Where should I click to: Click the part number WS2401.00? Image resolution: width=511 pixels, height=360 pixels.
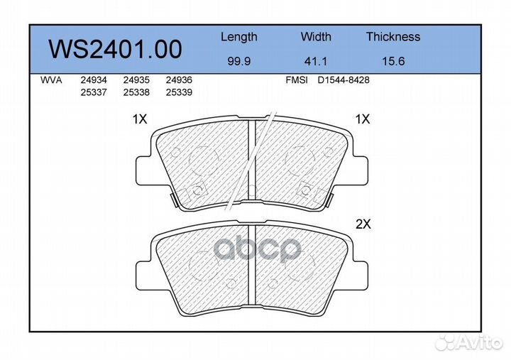click(115, 49)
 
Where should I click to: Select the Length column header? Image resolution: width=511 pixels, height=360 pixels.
click(239, 37)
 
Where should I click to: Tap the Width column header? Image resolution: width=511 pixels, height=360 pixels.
click(316, 36)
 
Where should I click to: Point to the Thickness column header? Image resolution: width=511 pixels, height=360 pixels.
click(393, 36)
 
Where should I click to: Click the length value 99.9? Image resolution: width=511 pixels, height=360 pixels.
click(239, 61)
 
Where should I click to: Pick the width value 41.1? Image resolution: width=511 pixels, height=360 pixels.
click(315, 61)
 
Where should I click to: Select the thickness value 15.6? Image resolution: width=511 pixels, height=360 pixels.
click(393, 61)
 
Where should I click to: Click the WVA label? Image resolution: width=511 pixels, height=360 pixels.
click(51, 80)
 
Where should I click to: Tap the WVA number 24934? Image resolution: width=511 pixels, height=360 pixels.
click(94, 80)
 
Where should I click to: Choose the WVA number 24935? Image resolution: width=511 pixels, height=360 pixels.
click(136, 80)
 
